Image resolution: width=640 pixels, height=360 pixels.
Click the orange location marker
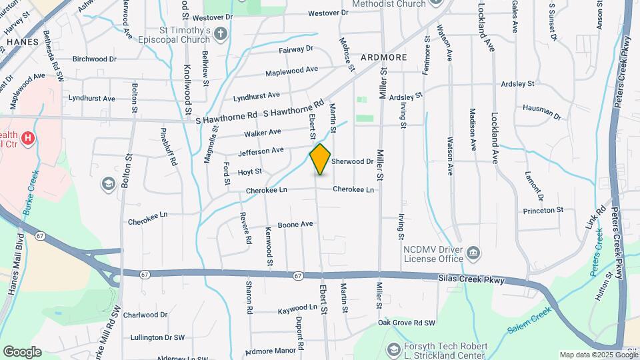[321, 159]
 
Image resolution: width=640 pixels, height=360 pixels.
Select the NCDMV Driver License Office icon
[473, 253]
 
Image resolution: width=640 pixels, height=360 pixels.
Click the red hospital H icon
[28, 139]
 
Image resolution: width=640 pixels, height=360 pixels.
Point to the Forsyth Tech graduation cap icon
[393, 349]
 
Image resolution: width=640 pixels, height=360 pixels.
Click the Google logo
[22, 351]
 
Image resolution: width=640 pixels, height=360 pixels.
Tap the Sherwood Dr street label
[352, 161]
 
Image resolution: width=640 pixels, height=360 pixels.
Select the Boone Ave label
[295, 225]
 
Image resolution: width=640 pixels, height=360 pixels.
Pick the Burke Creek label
[30, 193]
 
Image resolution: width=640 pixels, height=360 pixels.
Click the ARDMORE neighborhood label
[383, 57]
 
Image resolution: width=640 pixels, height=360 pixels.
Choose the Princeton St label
[543, 210]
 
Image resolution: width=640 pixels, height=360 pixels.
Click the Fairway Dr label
[295, 49]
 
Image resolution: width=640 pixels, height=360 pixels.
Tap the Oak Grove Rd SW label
[407, 323]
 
